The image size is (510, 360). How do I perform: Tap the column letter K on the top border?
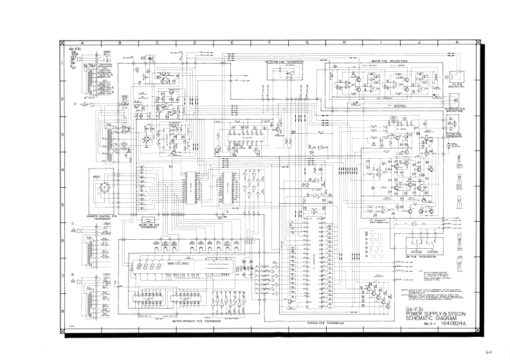click(x=457, y=42)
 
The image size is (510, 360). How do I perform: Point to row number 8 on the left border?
click(x=62, y=310)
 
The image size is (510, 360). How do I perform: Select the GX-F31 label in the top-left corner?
click(x=75, y=48)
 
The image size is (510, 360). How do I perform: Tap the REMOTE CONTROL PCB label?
click(x=101, y=217)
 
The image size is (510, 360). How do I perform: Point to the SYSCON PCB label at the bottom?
click(x=326, y=323)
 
